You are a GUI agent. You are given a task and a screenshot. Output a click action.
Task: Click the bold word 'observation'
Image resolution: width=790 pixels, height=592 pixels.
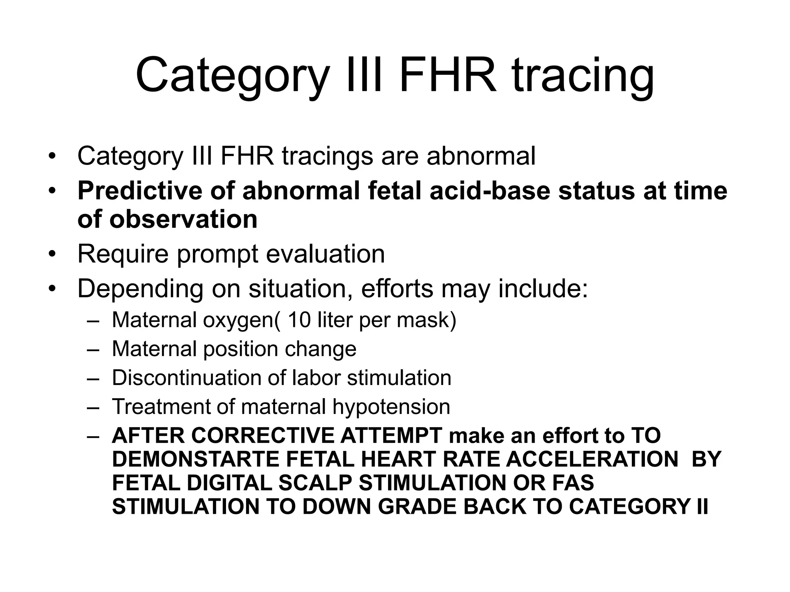coord(183,219)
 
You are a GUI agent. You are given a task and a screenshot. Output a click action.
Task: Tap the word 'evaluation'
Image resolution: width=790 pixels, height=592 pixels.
coord(325,254)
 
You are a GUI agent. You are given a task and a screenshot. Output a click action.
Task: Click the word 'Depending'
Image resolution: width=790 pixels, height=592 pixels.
coord(140,289)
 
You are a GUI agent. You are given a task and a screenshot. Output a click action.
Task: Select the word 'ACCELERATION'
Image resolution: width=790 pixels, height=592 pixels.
coord(592,459)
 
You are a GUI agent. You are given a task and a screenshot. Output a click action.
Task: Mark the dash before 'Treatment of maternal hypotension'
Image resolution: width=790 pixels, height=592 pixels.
coord(93,407)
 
